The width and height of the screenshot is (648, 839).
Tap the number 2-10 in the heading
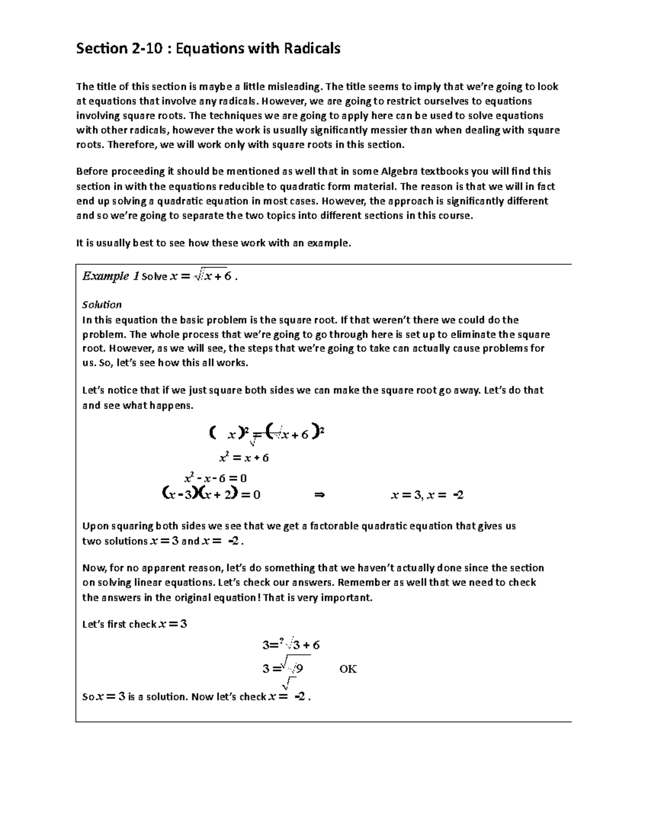pos(147,49)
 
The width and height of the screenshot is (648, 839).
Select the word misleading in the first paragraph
pos(295,86)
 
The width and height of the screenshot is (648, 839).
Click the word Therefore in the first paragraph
pos(132,144)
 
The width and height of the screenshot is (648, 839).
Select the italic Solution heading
pos(102,305)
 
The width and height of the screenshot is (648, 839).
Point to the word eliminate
pos(474,334)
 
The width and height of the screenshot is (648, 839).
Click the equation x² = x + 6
pos(244,458)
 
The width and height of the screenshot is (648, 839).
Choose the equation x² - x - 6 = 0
pos(215,478)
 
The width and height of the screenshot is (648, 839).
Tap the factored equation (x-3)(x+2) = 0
pos(211,494)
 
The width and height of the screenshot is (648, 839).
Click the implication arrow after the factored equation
pos(319,495)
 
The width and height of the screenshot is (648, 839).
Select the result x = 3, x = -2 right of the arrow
pos(427,495)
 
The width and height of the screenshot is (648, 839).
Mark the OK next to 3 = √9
pos(348,669)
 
